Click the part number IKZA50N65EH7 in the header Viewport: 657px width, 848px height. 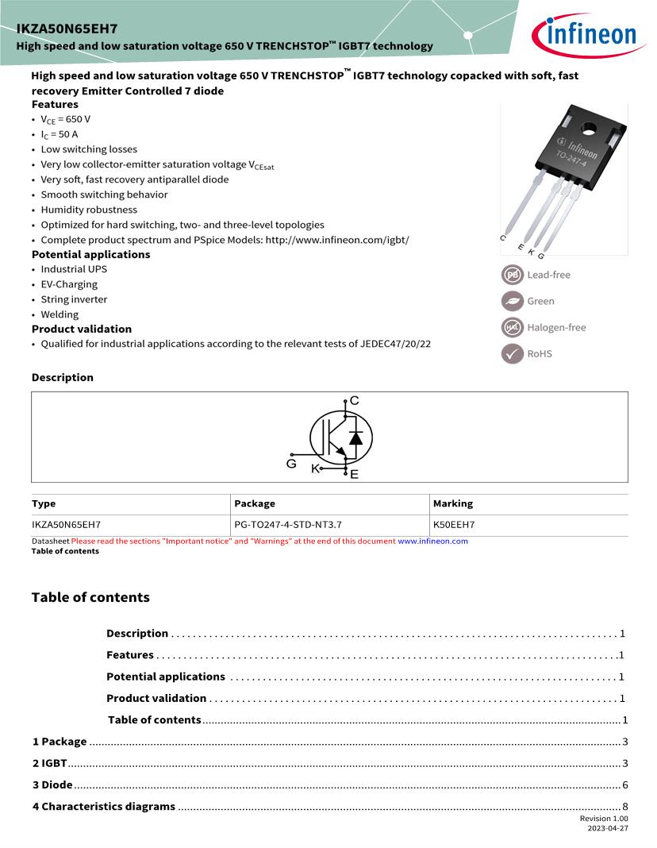[x=67, y=29]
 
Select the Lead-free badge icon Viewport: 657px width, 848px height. [x=512, y=275]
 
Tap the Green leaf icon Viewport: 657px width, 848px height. [x=512, y=301]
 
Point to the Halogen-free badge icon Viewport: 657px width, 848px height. [x=512, y=327]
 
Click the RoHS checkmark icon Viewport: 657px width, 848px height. [x=512, y=353]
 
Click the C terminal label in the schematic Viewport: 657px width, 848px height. [x=354, y=401]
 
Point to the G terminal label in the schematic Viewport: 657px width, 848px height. [x=291, y=463]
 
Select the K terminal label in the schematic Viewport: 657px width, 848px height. [x=315, y=468]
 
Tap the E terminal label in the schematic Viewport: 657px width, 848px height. [x=354, y=474]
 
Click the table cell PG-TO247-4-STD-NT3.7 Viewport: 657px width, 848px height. [x=288, y=525]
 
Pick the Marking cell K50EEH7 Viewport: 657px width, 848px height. [x=454, y=525]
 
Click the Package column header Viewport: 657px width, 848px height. [x=255, y=503]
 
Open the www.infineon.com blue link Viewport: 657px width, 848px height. [x=432, y=542]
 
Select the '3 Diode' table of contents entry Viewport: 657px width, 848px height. [x=52, y=784]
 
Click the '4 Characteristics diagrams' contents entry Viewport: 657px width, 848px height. [x=103, y=806]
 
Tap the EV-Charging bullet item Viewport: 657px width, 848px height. [x=69, y=284]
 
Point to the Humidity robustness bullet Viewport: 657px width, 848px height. [x=89, y=210]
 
